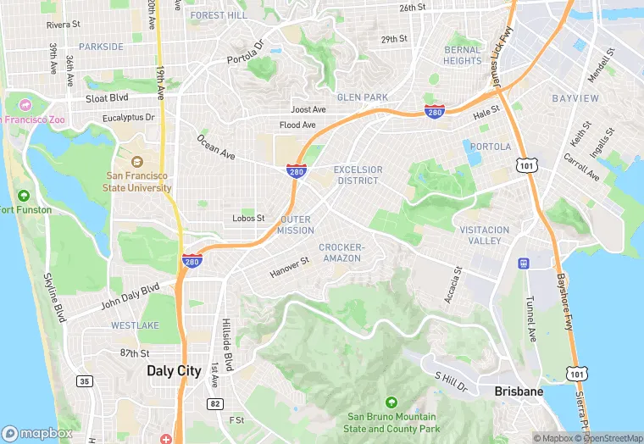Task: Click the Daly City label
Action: (174, 370)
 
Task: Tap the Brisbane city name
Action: (519, 391)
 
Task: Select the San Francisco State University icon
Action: (136, 160)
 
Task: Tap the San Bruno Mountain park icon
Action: (391, 402)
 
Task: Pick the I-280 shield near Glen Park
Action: (434, 111)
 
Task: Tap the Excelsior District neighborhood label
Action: (358, 175)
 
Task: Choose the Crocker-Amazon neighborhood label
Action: (341, 253)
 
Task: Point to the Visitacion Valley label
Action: (484, 235)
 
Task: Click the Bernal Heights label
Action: (462, 55)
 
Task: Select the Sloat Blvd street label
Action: (107, 98)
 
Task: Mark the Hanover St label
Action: (290, 268)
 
